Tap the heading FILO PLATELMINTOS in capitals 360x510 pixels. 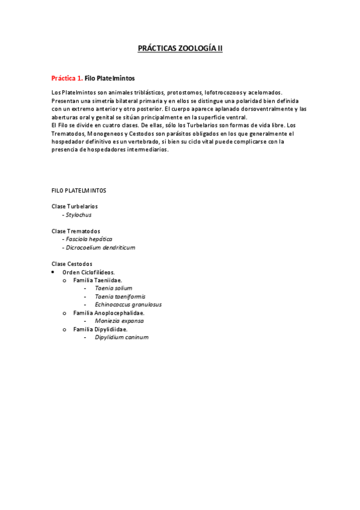[79, 190]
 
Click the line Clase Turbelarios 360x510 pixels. [75, 206]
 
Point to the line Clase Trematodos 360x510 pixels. [76, 231]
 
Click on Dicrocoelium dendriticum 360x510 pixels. [100, 247]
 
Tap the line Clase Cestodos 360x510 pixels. [72, 263]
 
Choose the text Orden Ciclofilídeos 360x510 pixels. [88, 272]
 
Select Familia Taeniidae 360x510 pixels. [97, 280]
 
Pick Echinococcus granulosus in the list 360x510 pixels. [128, 304]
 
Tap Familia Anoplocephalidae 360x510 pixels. [108, 313]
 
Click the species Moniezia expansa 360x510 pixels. [119, 321]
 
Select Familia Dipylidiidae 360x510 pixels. [100, 329]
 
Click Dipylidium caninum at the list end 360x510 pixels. [121, 337]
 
